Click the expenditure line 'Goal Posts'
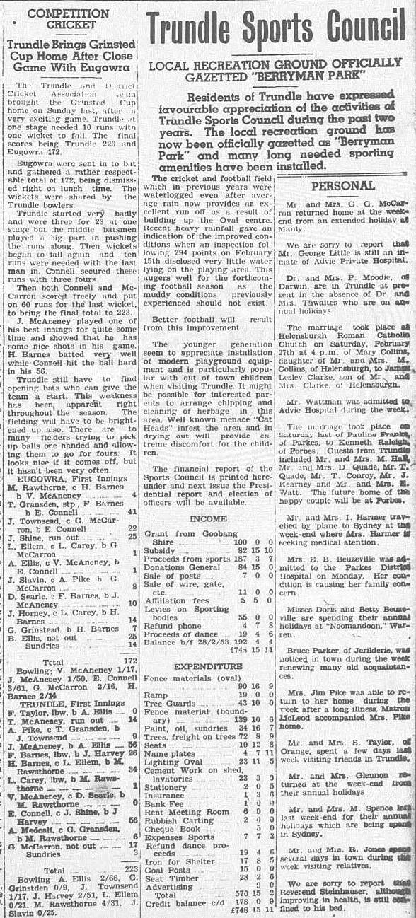pos(166,869)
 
